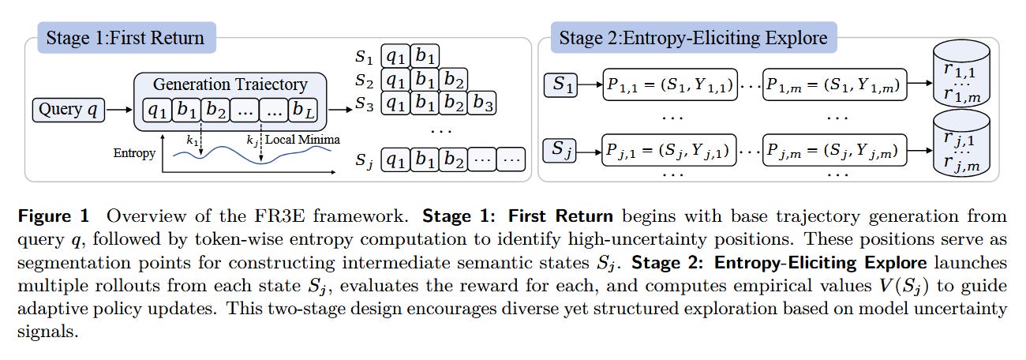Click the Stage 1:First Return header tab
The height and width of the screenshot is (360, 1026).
point(125,37)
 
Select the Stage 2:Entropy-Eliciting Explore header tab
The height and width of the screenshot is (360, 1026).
point(692,37)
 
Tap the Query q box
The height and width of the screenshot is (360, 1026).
point(69,110)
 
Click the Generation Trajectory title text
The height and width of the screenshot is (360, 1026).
point(230,84)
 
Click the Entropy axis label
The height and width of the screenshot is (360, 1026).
point(133,152)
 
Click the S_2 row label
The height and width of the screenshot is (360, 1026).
point(364,80)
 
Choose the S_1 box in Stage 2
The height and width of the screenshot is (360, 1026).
point(563,84)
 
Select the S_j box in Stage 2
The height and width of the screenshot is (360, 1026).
point(563,148)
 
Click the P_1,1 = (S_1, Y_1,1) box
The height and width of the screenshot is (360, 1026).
point(668,84)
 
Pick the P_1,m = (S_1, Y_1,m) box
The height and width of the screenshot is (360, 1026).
point(834,84)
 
